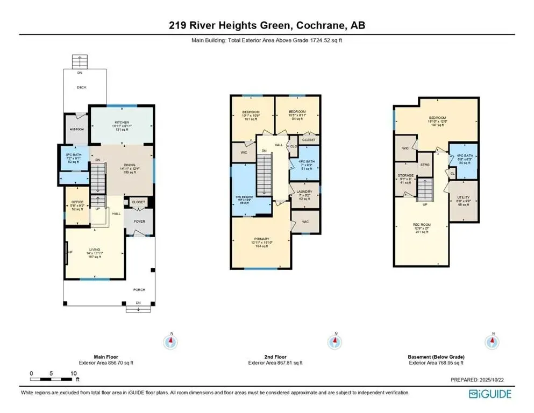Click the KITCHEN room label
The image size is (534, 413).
coord(122,123)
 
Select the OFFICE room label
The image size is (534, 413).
coord(77,202)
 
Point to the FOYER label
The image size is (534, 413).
coord(139,221)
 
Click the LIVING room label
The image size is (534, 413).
coord(95,250)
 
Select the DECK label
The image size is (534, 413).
coord(81,87)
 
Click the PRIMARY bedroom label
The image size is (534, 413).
coord(261,239)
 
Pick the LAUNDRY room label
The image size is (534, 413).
coord(304,192)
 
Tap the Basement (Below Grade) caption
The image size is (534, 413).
coord(435,357)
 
